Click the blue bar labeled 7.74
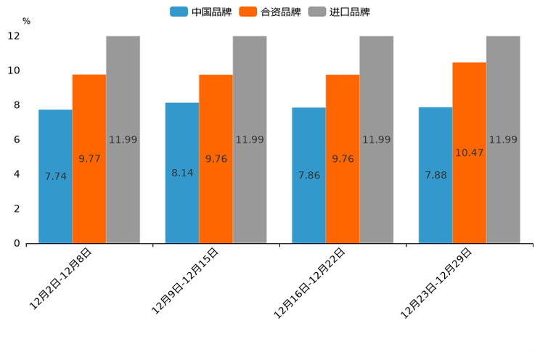point(55,176)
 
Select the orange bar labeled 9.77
point(89,159)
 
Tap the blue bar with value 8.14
point(182,173)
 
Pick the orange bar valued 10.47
point(470,153)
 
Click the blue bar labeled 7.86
point(308,176)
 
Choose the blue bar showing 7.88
point(435,175)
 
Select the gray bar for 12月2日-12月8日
point(123,139)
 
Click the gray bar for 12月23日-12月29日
point(503,139)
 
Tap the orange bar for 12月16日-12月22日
point(343,159)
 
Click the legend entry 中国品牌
point(201,12)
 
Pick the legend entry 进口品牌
point(339,12)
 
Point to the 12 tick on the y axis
point(13,36)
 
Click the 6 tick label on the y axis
point(16,139)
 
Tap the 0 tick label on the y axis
point(16,243)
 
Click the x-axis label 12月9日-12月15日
point(185,281)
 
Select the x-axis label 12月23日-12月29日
point(437,283)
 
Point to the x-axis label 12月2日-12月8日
point(61,279)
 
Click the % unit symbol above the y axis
point(26,21)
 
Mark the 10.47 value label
point(470,153)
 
